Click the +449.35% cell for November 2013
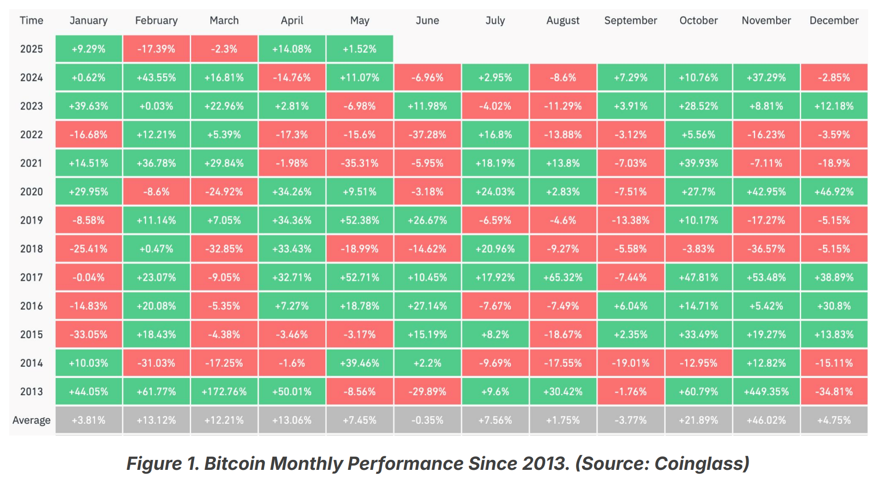click(766, 392)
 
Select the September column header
click(630, 20)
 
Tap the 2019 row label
click(31, 220)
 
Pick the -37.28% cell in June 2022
click(427, 135)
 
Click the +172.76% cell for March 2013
click(224, 392)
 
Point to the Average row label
click(31, 420)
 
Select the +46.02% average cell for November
click(766, 420)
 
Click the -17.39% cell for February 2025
click(156, 49)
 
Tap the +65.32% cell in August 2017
click(563, 277)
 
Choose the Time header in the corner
click(31, 20)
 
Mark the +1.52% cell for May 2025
click(360, 49)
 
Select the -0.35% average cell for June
click(427, 420)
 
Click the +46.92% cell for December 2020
click(834, 192)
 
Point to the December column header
click(834, 20)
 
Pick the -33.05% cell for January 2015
click(88, 335)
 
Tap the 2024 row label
click(31, 78)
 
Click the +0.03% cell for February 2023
click(156, 106)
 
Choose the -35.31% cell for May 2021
click(360, 163)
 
